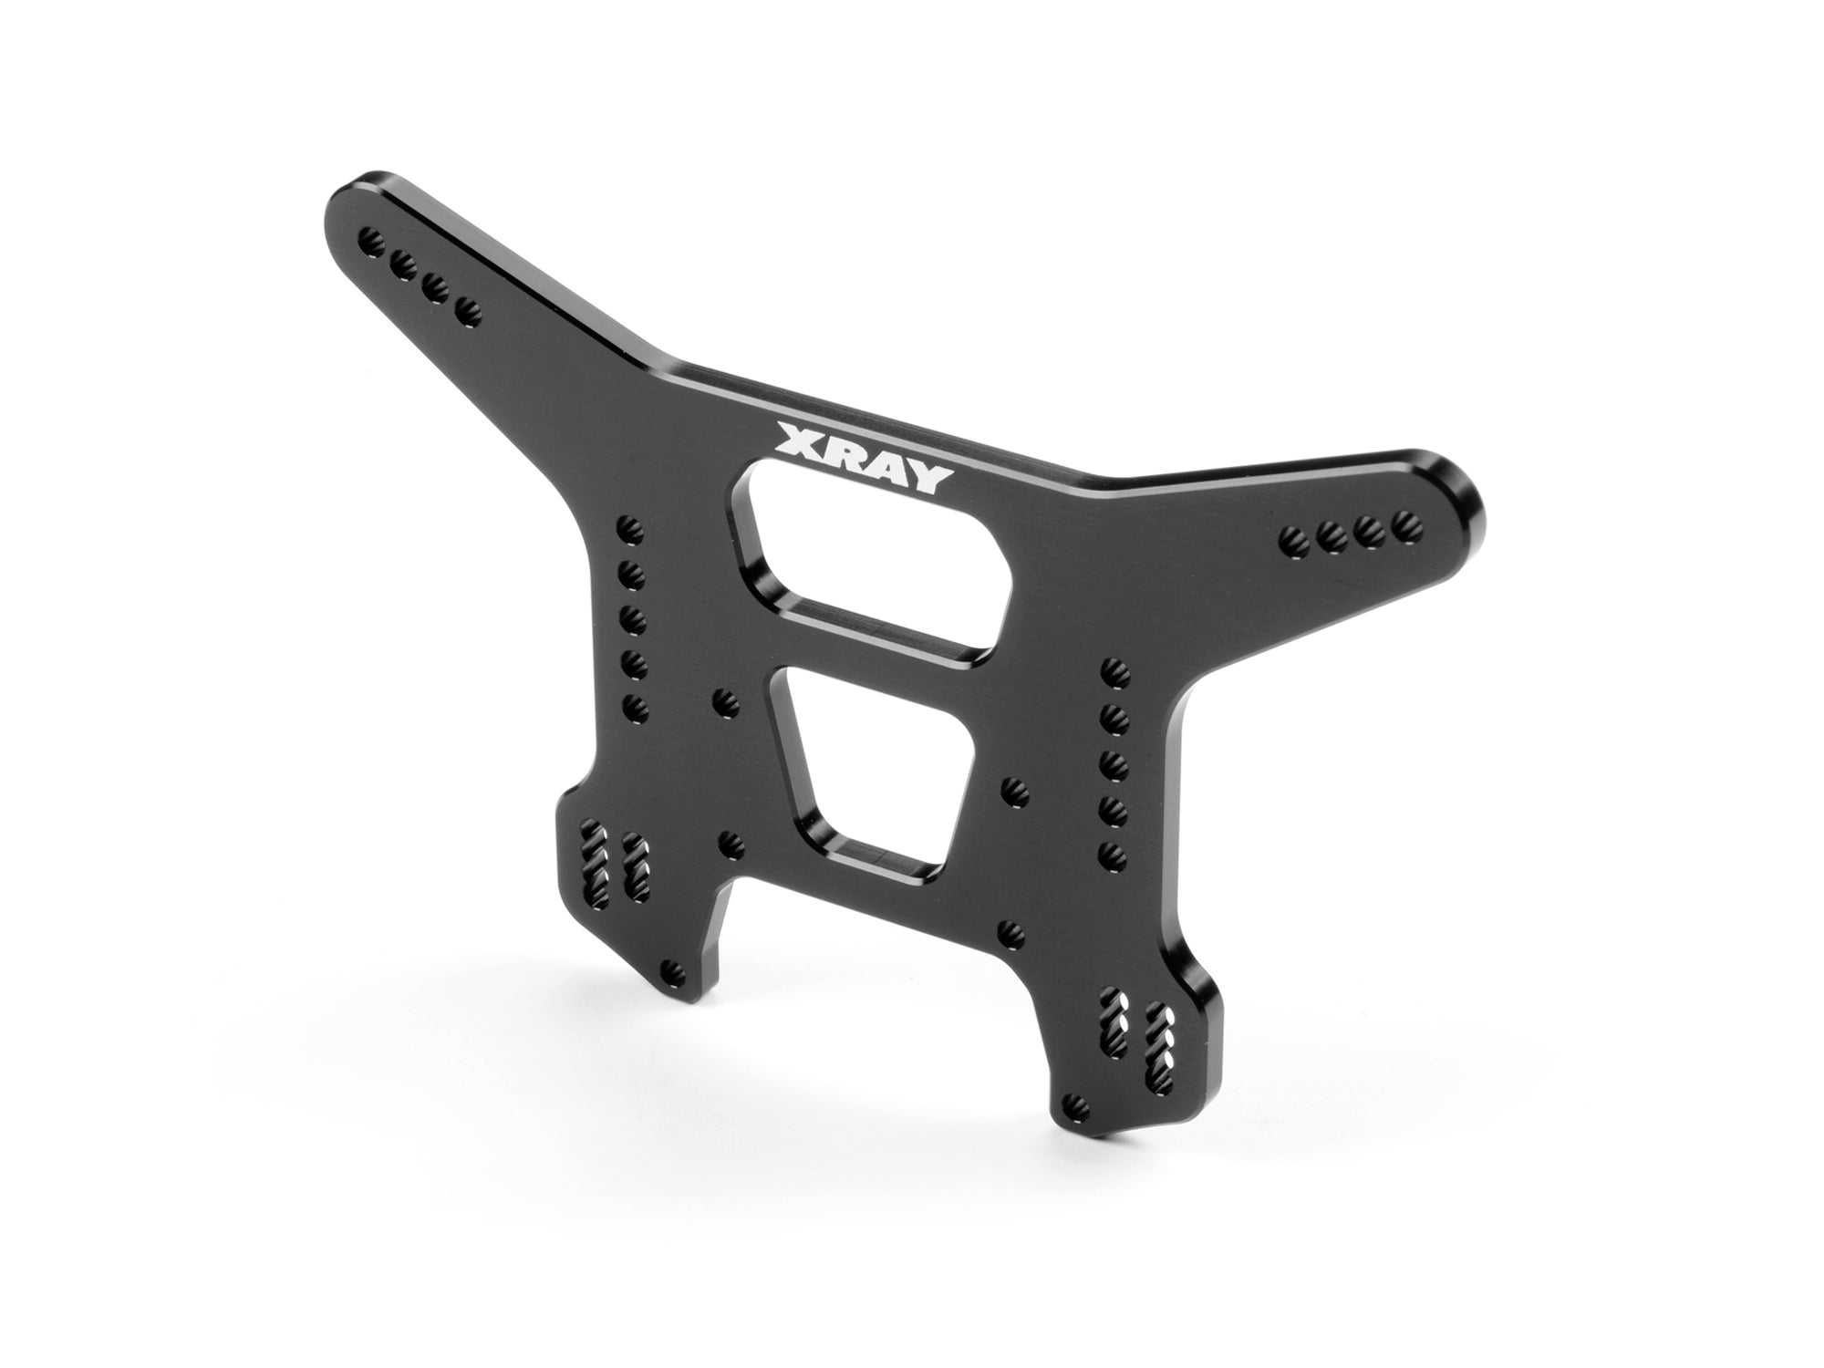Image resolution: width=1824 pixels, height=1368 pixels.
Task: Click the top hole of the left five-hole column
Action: click(x=627, y=526)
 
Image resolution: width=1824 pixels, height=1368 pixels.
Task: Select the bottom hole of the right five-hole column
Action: click(x=1111, y=853)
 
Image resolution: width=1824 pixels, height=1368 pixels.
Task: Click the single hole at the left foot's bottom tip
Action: click(x=674, y=969)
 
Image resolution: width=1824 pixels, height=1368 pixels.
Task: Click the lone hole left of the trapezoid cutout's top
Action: click(x=725, y=700)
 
